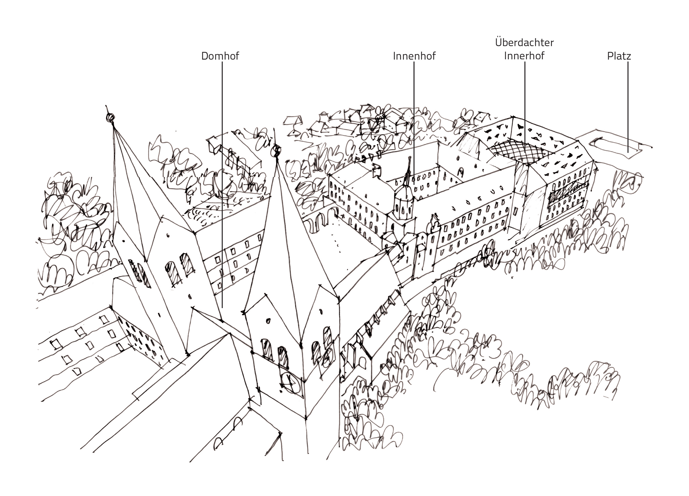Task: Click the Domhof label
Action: coord(220,56)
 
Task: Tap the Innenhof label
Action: coord(414,56)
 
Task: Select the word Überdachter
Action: coord(524,42)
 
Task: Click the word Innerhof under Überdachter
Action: coord(524,56)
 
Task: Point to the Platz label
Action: coord(619,56)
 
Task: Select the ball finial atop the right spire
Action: coord(276,151)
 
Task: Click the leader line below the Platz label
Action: coord(628,106)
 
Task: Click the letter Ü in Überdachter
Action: coord(499,42)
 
